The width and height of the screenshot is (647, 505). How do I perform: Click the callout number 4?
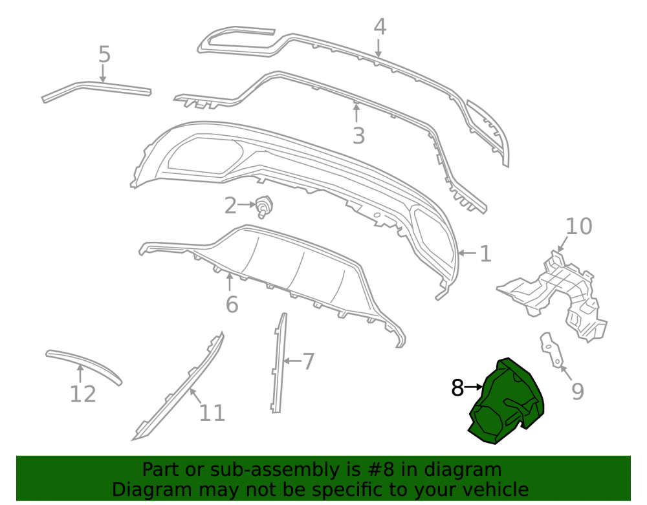tap(380, 27)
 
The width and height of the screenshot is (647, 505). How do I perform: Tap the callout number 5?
tap(104, 54)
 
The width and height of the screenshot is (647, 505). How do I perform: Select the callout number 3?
tap(358, 136)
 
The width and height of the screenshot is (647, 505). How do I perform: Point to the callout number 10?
tap(578, 226)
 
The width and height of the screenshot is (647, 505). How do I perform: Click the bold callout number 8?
tap(457, 387)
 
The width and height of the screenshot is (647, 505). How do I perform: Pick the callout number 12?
tap(83, 394)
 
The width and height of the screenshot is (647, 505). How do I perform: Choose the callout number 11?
tap(212, 413)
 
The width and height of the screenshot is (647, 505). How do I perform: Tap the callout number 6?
tap(232, 305)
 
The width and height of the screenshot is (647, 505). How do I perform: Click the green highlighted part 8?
tap(505, 402)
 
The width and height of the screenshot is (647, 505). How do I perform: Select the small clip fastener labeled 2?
tap(264, 206)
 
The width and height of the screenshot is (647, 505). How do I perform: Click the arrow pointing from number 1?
tap(467, 253)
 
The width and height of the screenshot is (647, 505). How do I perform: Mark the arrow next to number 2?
tap(247, 204)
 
